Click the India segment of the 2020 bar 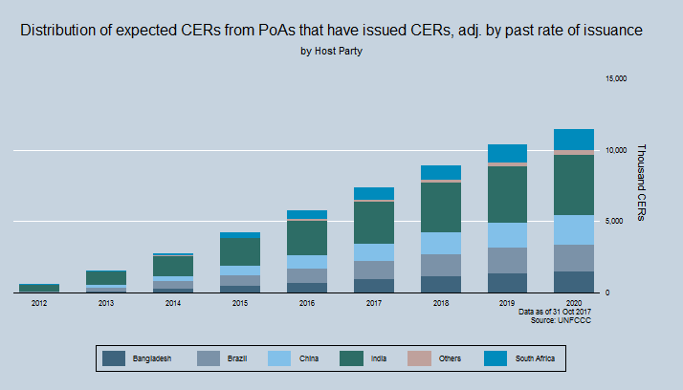point(574,184)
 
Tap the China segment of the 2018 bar point(441,243)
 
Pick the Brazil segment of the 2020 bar point(574,258)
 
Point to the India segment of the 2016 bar point(307,237)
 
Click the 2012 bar point(39,287)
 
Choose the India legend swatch point(355,358)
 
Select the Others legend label point(451,358)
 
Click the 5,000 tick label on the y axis point(616,221)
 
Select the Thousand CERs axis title point(641,183)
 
